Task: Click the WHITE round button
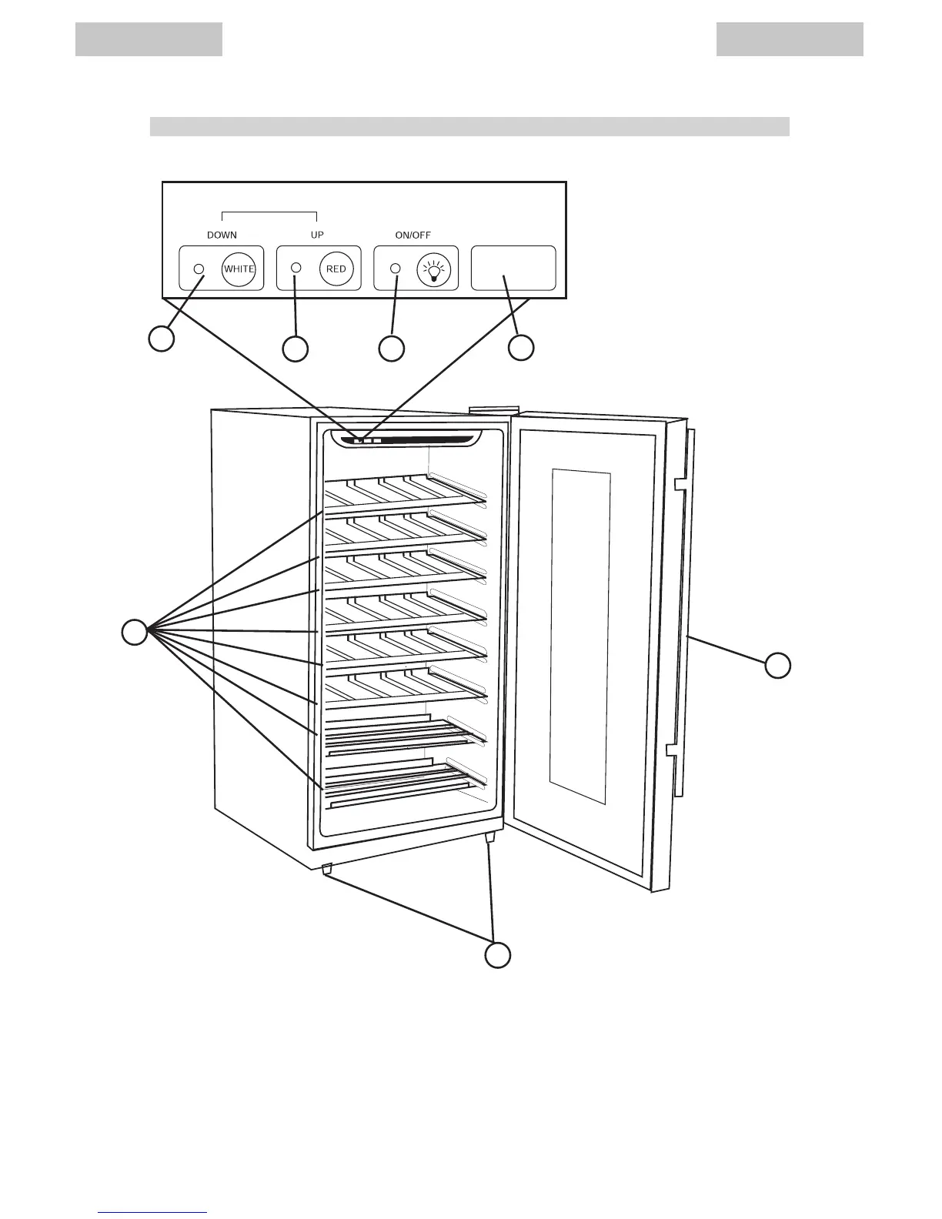click(239, 269)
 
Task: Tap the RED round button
click(336, 269)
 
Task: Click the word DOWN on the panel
click(222, 235)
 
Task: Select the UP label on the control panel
click(317, 235)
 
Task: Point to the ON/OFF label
click(413, 235)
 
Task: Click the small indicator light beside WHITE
click(199, 269)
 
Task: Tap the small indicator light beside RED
click(296, 268)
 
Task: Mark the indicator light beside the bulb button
click(396, 268)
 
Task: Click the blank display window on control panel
click(513, 268)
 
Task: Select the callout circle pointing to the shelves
click(135, 632)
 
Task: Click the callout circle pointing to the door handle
click(778, 665)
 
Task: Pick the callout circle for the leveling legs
click(498, 955)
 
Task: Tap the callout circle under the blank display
click(521, 348)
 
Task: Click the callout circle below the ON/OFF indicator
click(392, 349)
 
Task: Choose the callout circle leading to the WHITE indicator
click(161, 339)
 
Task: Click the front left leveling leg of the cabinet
click(326, 869)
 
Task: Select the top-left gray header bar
click(149, 39)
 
